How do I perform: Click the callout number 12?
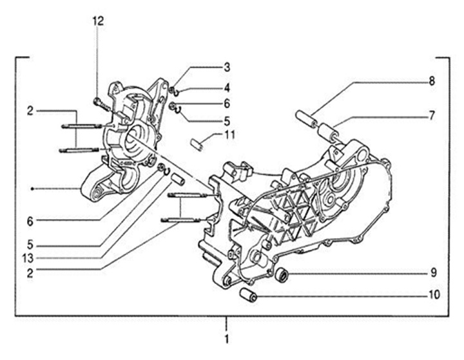[97, 21]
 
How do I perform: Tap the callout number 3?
[227, 67]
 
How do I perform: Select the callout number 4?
[227, 87]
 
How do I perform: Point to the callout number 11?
[230, 135]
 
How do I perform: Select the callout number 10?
[434, 296]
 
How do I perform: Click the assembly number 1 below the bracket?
[227, 338]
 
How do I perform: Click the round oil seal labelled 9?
[282, 276]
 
